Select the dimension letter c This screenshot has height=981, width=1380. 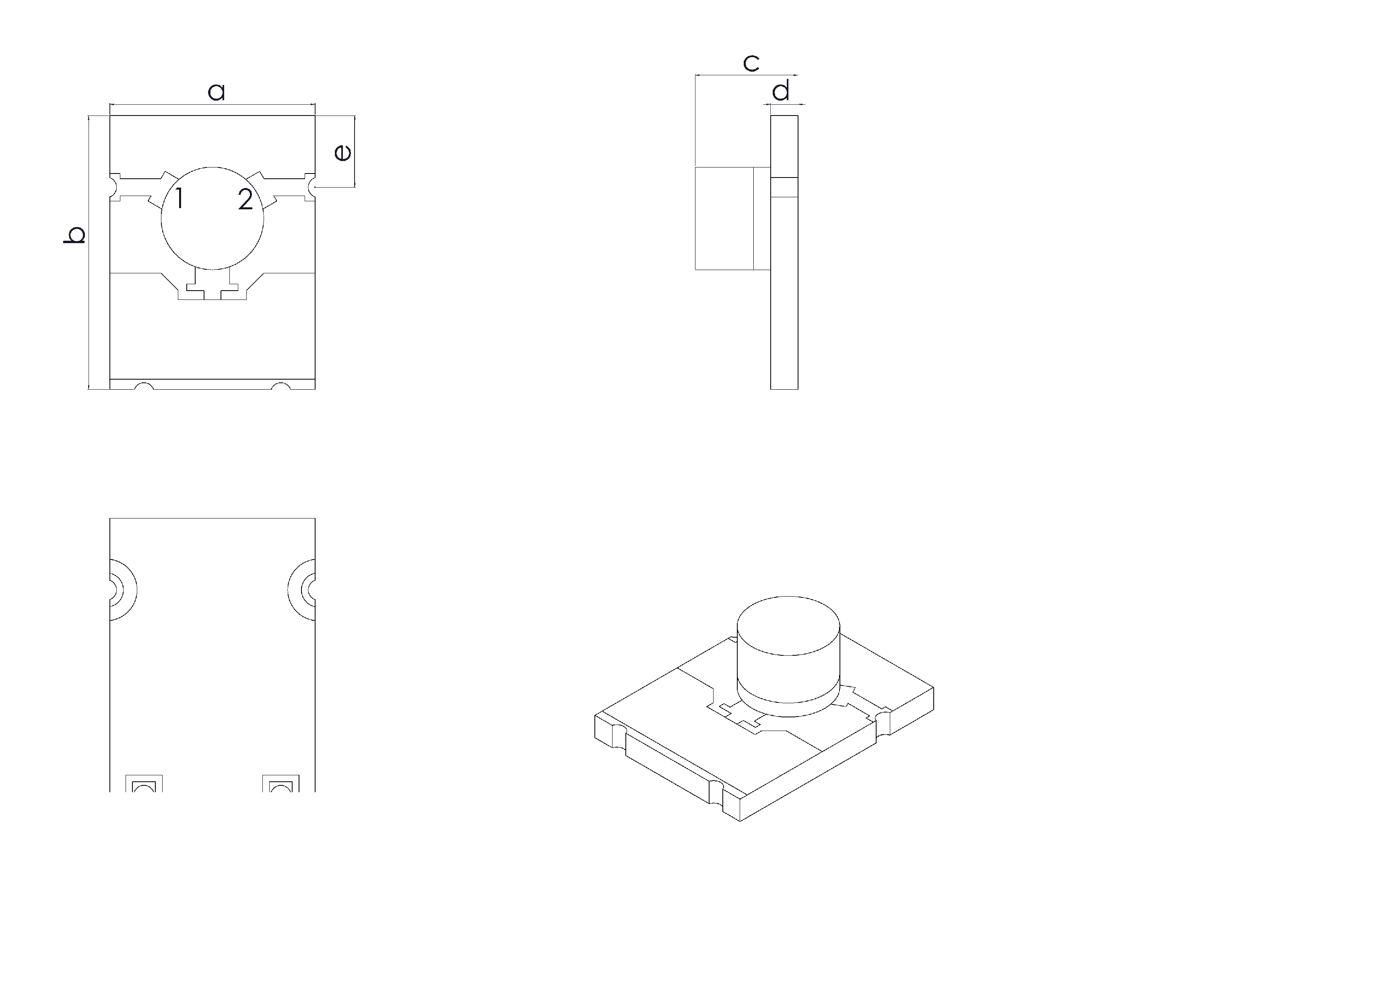[x=751, y=63]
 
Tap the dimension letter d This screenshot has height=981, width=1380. [x=781, y=91]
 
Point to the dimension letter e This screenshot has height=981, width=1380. [x=342, y=152]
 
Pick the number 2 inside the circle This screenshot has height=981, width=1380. [x=245, y=199]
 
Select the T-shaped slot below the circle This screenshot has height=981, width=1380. [x=212, y=290]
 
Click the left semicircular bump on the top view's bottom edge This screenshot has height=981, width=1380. [x=144, y=386]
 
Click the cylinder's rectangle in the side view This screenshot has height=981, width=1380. [x=725, y=218]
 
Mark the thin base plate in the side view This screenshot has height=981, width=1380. [x=784, y=290]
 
